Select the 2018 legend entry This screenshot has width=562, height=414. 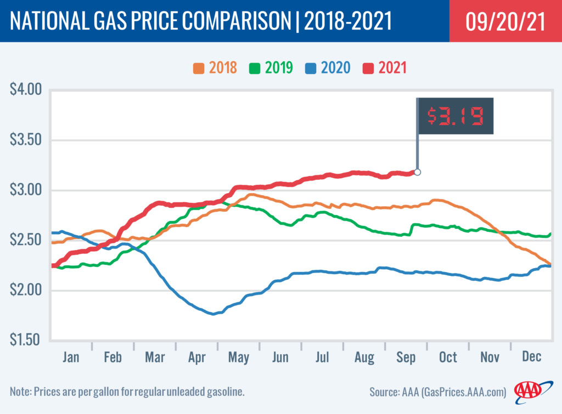(215, 69)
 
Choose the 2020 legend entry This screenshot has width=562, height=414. (328, 69)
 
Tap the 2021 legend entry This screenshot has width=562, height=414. (384, 69)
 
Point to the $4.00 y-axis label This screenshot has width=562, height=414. (26, 89)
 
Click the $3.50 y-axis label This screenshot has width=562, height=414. (26, 140)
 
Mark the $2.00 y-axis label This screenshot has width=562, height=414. (26, 291)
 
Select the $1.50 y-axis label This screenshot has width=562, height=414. (26, 341)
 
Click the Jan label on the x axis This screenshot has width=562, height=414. (71, 358)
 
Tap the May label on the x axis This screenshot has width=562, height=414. (239, 358)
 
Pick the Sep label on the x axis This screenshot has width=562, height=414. (406, 358)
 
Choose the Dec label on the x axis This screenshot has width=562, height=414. (531, 358)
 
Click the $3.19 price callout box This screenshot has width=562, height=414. (455, 116)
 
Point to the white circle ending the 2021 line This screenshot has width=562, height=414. (417, 172)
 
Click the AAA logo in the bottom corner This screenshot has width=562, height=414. (527, 391)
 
